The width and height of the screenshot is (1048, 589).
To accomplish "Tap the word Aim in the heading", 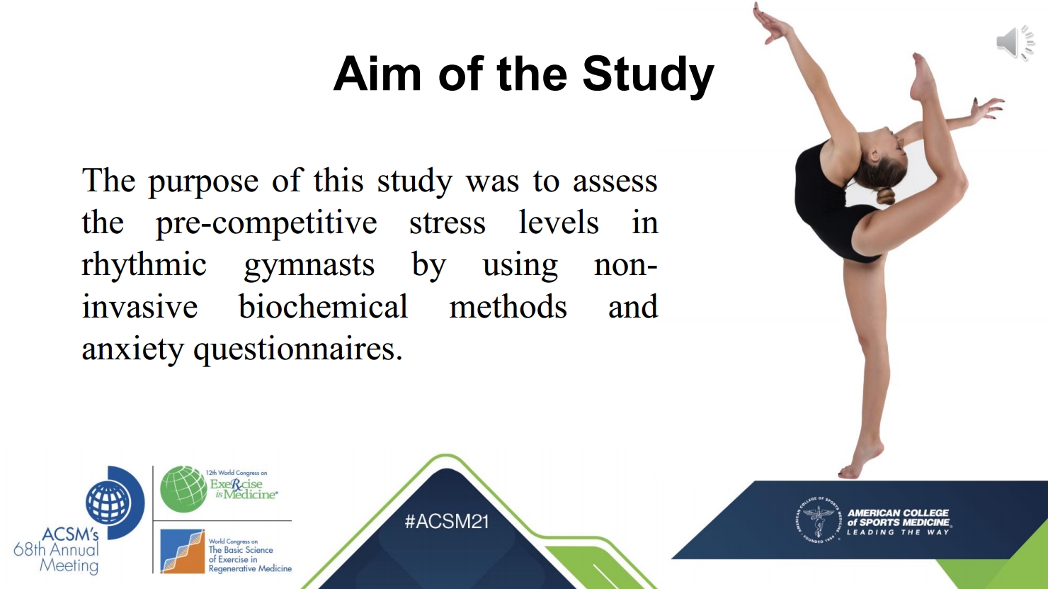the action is click(377, 74).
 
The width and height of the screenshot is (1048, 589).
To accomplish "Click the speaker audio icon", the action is click(1015, 43).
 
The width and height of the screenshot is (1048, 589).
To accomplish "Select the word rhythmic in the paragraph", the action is click(144, 265).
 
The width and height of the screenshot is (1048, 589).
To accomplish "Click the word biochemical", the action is click(324, 307).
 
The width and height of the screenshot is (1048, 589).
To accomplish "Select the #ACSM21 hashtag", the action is click(447, 522).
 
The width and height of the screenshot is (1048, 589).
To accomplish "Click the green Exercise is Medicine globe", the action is click(183, 489).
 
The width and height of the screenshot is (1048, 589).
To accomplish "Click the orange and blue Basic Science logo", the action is click(183, 551).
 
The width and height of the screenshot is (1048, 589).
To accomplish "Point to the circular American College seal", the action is click(819, 520).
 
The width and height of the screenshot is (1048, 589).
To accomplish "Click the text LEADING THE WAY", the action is click(899, 532).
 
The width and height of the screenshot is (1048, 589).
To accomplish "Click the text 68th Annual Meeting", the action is click(56, 557).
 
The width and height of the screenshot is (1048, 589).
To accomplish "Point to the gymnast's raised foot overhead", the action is click(923, 77).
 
